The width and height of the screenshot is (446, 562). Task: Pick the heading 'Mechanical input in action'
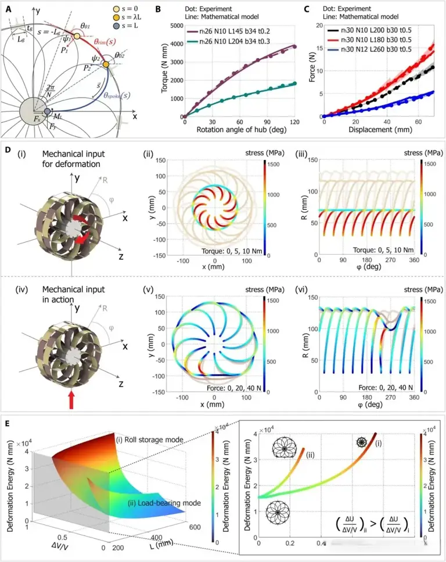point(70,293)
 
